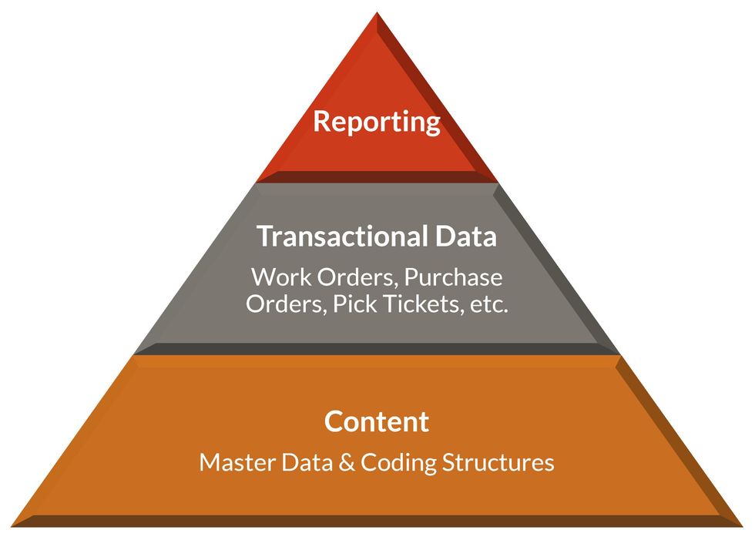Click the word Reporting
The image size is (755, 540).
click(x=377, y=122)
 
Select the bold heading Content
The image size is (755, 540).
click(x=377, y=422)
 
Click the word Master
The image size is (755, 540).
click(x=233, y=463)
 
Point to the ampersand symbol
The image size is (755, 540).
click(x=344, y=463)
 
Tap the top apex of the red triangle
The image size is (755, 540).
click(x=377, y=15)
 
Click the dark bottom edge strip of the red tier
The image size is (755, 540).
click(x=377, y=177)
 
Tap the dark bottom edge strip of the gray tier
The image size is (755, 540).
click(x=377, y=349)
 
